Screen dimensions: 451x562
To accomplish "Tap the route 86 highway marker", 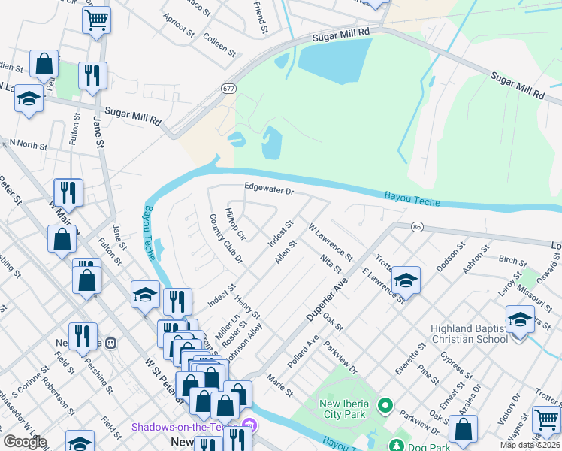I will (x=417, y=226).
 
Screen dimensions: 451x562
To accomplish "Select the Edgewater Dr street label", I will (x=268, y=191).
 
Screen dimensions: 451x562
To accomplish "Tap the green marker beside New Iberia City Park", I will (x=385, y=407).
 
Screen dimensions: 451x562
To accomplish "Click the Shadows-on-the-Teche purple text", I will (x=187, y=427).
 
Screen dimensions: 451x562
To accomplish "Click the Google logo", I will (x=25, y=442).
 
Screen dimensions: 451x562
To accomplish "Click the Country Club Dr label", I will (x=226, y=239).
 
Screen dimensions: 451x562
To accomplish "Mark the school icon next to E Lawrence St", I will (x=406, y=280).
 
